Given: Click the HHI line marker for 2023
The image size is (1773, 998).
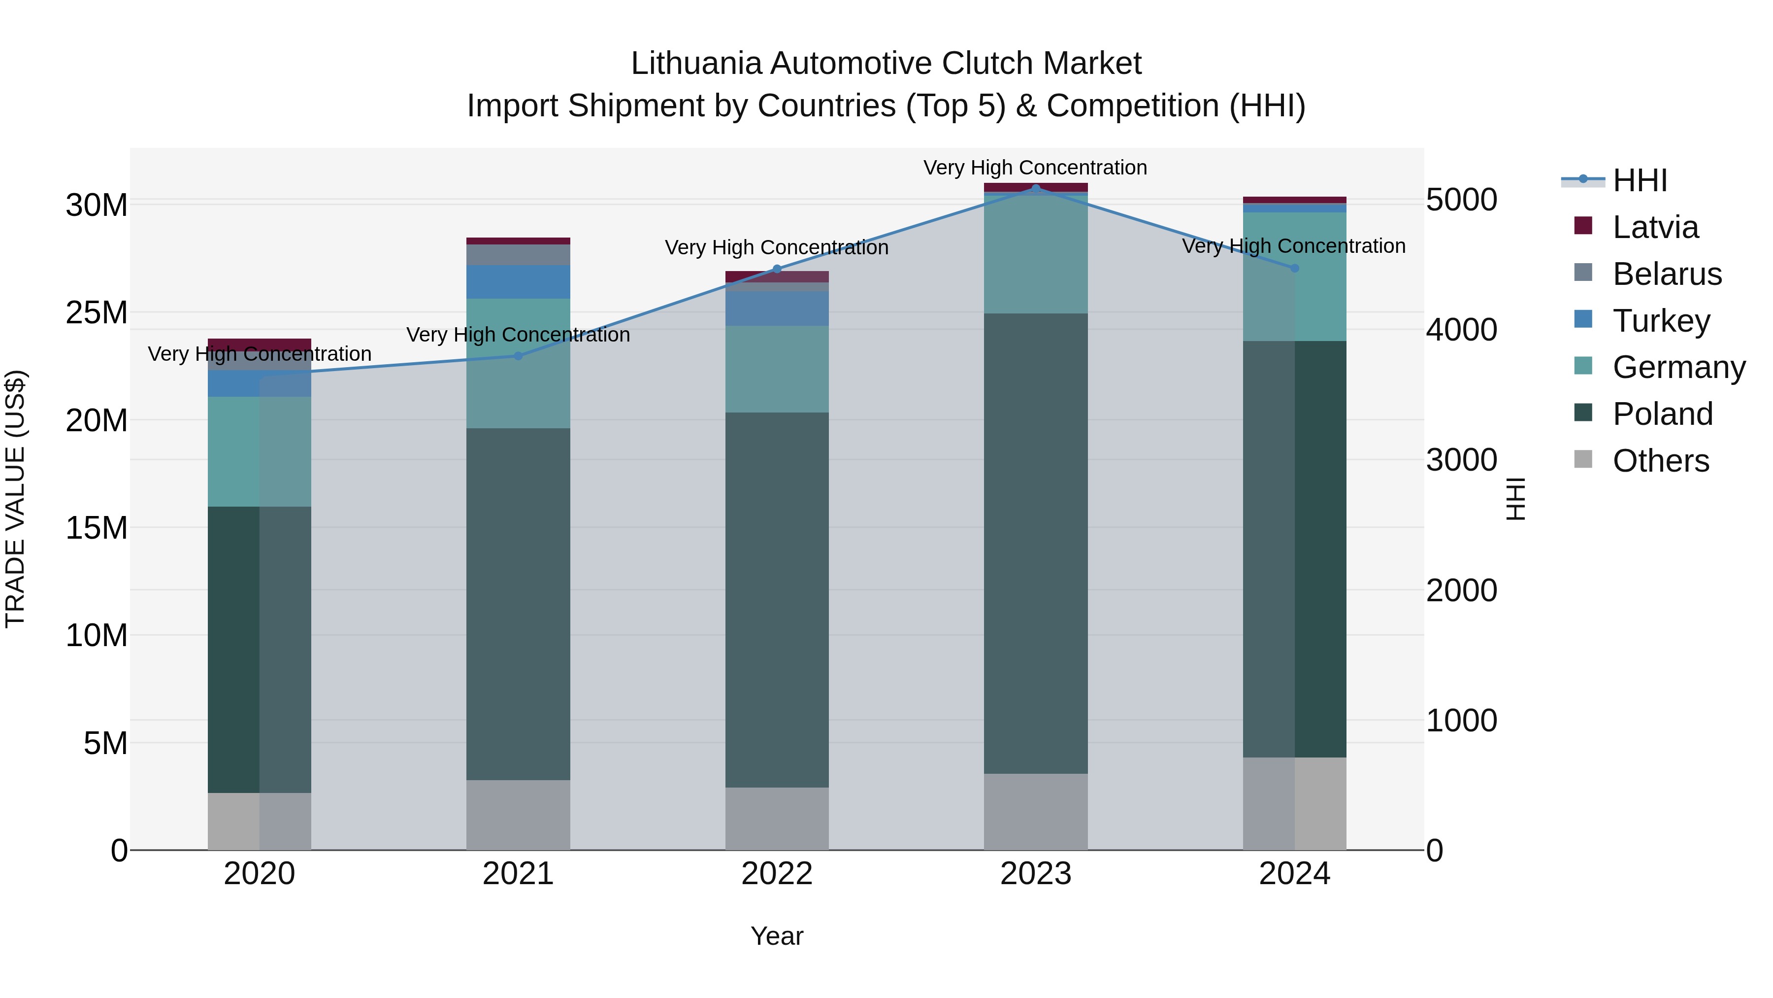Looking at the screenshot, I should coord(1035,188).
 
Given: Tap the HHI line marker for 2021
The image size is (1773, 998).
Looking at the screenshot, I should coord(518,356).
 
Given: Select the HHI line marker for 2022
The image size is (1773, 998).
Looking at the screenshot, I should coord(777,269).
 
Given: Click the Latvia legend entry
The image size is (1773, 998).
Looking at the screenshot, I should coord(1655,227).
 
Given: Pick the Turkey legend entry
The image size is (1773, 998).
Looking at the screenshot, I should coord(1661,321).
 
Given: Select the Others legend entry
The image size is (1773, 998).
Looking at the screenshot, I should coord(1660,461).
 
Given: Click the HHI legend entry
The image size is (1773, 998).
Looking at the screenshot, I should coord(1640,180).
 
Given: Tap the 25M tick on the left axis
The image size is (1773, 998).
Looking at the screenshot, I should coord(97,312).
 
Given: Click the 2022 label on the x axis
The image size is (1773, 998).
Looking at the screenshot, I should coord(777,874).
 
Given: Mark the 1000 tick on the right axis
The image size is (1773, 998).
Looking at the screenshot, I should coord(1461,721).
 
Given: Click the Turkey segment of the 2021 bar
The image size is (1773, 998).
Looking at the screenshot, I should coord(518,282).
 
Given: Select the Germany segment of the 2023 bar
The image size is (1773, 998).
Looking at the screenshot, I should coord(1035,253).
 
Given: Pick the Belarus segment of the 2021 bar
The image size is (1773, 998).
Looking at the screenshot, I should coord(518,255).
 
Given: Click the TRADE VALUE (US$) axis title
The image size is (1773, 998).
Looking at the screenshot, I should coord(15,499).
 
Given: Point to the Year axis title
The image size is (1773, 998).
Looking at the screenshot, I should coord(777,936).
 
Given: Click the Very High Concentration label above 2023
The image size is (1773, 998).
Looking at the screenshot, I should coord(1035,168).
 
